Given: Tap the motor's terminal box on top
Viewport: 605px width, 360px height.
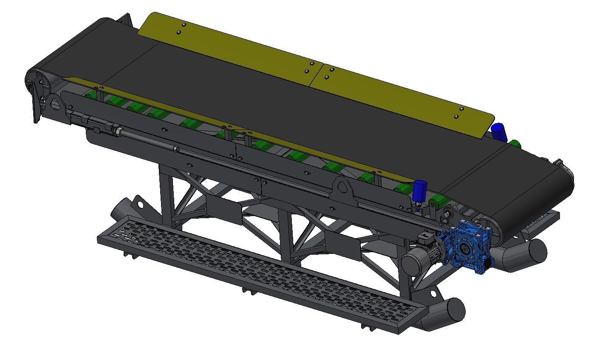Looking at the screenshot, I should pos(425,238).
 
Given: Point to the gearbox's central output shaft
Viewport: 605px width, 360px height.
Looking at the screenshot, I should pos(465,250).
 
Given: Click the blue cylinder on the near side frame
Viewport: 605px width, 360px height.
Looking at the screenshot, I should pos(420,191).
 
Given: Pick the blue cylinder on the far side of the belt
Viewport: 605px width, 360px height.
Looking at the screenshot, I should pos(499,132).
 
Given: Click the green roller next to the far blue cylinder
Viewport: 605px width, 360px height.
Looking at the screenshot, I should pos(515,144).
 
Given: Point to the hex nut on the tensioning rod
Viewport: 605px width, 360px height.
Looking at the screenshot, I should pos(118,131).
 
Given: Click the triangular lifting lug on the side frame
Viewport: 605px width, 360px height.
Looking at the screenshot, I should pos(343,188).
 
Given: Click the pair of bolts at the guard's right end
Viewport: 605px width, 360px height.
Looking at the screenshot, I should pos(459,112).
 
